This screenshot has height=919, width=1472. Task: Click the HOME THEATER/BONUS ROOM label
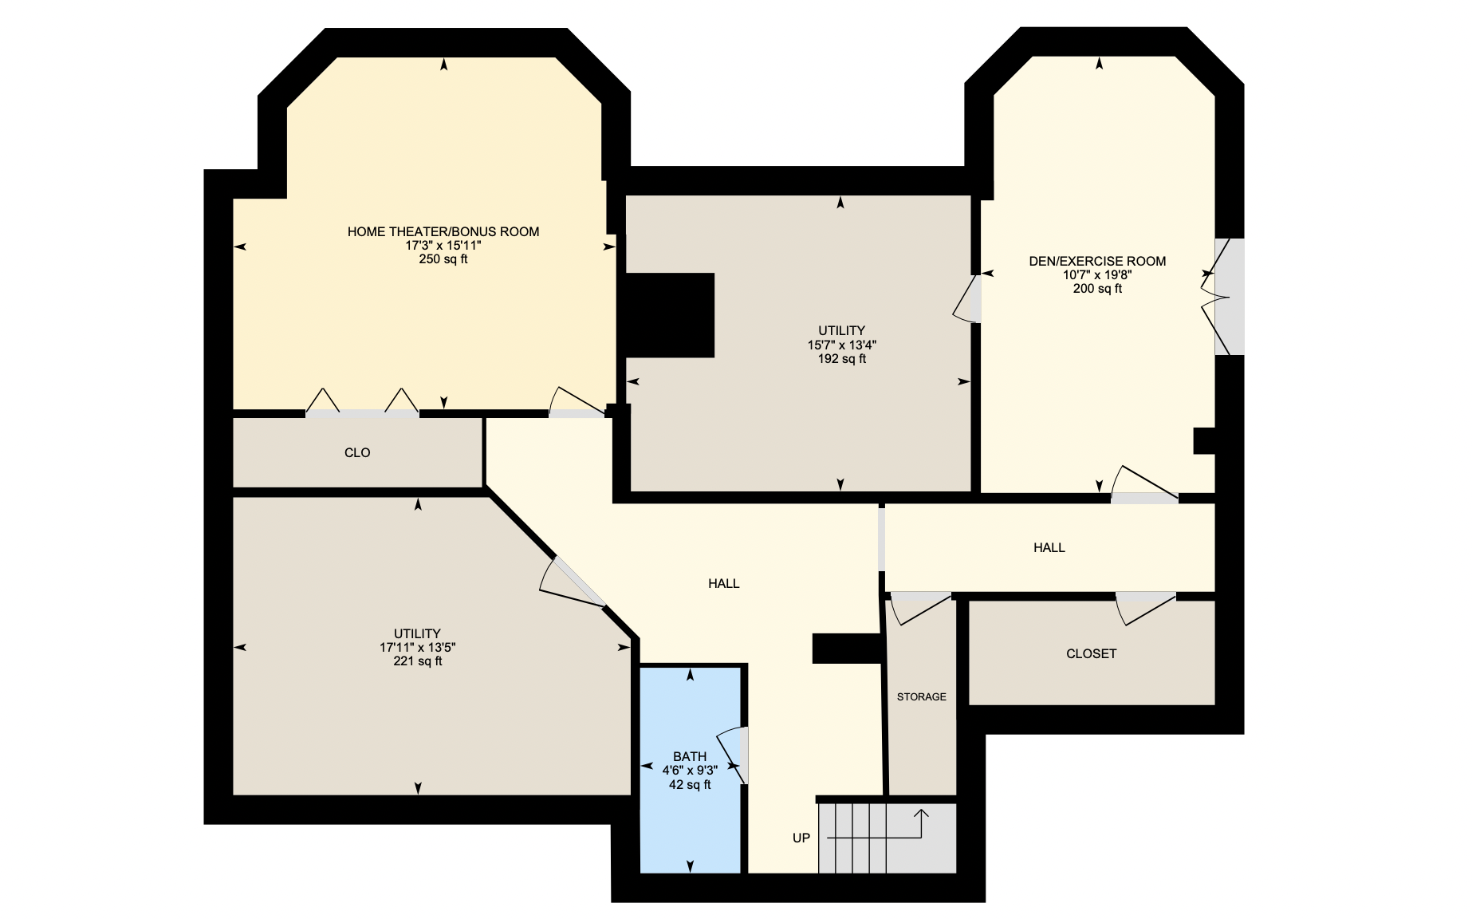443,231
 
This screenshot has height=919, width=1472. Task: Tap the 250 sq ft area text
443,259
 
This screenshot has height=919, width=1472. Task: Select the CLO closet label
357,452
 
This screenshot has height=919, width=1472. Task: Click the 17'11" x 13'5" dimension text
417,648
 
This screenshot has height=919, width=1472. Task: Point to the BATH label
690,756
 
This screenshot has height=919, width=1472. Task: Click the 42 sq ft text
690,785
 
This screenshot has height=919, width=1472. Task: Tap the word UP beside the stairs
801,838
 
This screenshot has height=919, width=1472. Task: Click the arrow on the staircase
922,815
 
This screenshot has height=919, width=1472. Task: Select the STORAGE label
921,696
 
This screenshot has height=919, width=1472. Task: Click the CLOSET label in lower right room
1091,653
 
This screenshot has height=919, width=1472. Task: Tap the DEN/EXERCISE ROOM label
1097,261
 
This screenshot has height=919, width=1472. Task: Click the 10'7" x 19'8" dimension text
1097,274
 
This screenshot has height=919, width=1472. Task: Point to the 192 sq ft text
841,359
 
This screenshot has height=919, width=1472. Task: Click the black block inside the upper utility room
670,315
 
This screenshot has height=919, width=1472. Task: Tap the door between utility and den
967,299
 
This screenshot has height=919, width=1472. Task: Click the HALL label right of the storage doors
1049,547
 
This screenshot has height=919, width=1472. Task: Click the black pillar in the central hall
847,649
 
